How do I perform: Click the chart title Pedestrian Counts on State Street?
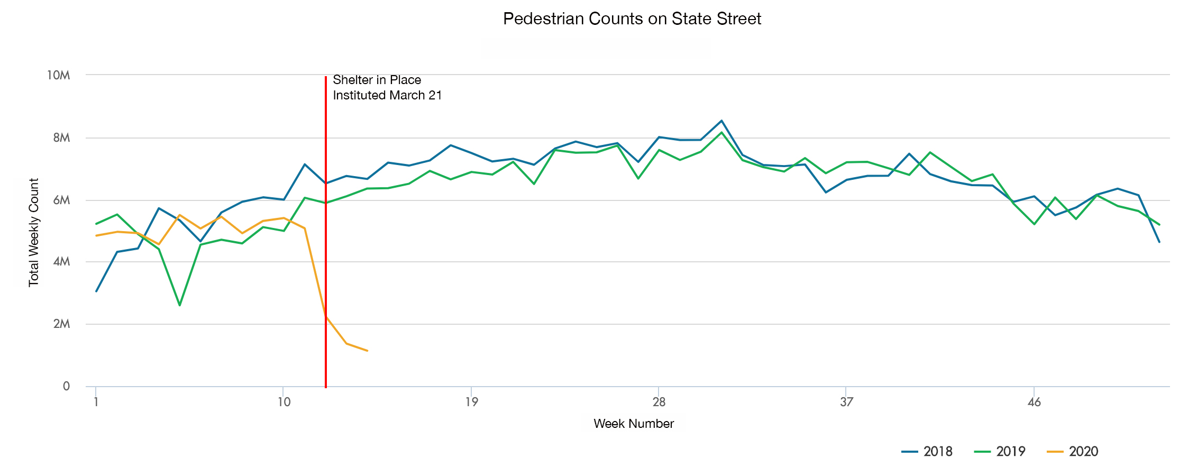click(632, 19)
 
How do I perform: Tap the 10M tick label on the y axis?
click(59, 75)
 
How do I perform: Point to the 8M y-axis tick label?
click(61, 138)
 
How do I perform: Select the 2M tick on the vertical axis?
click(61, 324)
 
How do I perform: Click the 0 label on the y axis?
click(66, 387)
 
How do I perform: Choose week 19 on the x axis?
click(471, 402)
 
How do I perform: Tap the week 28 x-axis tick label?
click(659, 402)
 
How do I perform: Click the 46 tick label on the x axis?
click(1034, 402)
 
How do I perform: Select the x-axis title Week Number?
click(633, 424)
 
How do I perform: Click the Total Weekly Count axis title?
click(34, 232)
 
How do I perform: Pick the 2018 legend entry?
click(927, 452)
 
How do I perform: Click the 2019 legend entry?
click(1000, 452)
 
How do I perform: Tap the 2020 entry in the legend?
click(1073, 452)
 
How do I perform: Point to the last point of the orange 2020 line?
click(367, 351)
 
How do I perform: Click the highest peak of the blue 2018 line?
click(721, 121)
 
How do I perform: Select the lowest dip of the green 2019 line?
click(180, 305)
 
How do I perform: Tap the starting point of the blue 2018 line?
click(96, 291)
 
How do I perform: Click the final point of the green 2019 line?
click(1159, 225)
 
